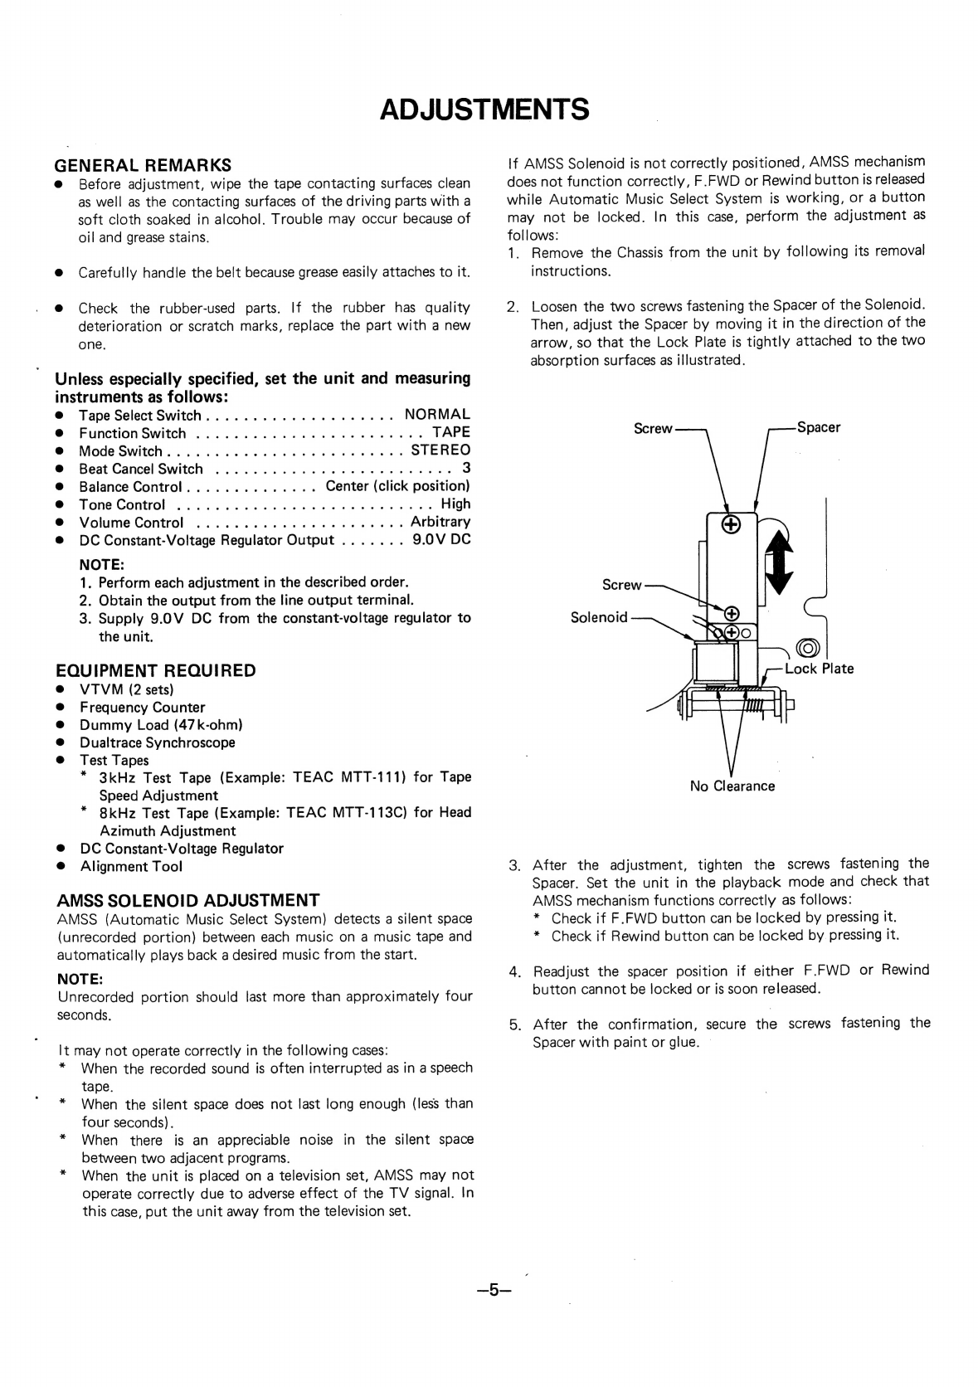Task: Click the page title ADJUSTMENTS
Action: click(x=484, y=109)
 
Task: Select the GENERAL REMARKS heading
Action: click(x=143, y=164)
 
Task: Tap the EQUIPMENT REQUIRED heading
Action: click(x=155, y=670)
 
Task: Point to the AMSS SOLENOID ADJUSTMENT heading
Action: click(x=187, y=900)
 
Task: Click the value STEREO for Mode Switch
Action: click(x=440, y=450)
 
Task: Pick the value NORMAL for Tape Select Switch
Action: click(x=437, y=414)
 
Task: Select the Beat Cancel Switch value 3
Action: click(x=466, y=469)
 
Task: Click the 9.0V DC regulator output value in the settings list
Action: click(x=441, y=540)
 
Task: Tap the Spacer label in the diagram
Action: click(x=818, y=427)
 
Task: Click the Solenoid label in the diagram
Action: click(x=599, y=617)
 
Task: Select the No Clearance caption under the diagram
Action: click(x=732, y=786)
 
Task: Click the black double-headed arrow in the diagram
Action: click(x=778, y=562)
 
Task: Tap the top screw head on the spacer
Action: click(x=731, y=524)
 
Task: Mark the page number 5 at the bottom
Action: click(x=494, y=1290)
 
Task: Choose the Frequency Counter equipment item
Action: click(x=142, y=707)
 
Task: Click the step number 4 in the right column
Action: click(x=515, y=971)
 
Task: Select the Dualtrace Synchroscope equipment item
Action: click(x=157, y=742)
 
